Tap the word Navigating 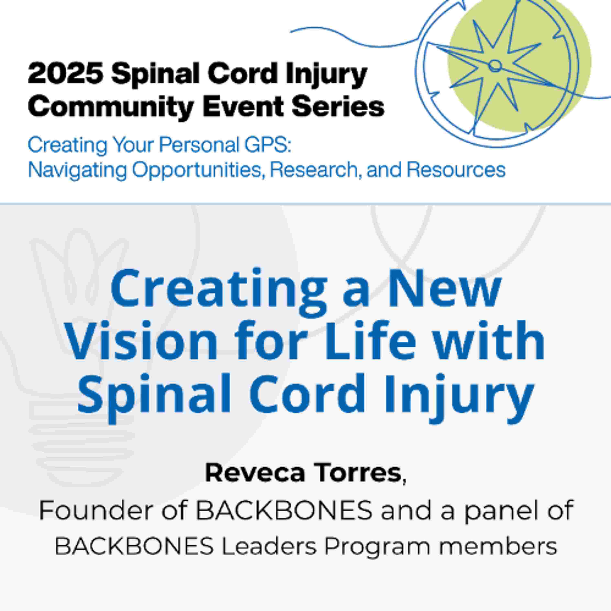77,170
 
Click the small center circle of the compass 495,66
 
